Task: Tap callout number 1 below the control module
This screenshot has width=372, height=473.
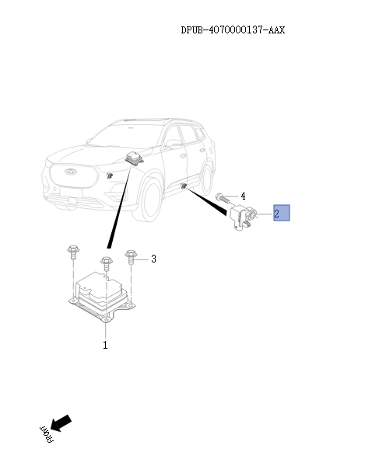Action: (105, 345)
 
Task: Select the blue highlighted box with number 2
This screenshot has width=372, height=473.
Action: (280, 214)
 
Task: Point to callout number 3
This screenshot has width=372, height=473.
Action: (153, 259)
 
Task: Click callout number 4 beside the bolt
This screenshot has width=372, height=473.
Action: (243, 196)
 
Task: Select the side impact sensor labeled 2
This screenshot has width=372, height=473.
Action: (242, 218)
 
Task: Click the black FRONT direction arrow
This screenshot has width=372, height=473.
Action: (61, 423)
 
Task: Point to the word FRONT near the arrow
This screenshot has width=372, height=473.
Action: (45, 436)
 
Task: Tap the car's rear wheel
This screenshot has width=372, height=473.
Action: (207, 170)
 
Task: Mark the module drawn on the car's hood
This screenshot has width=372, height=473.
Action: (137, 158)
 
